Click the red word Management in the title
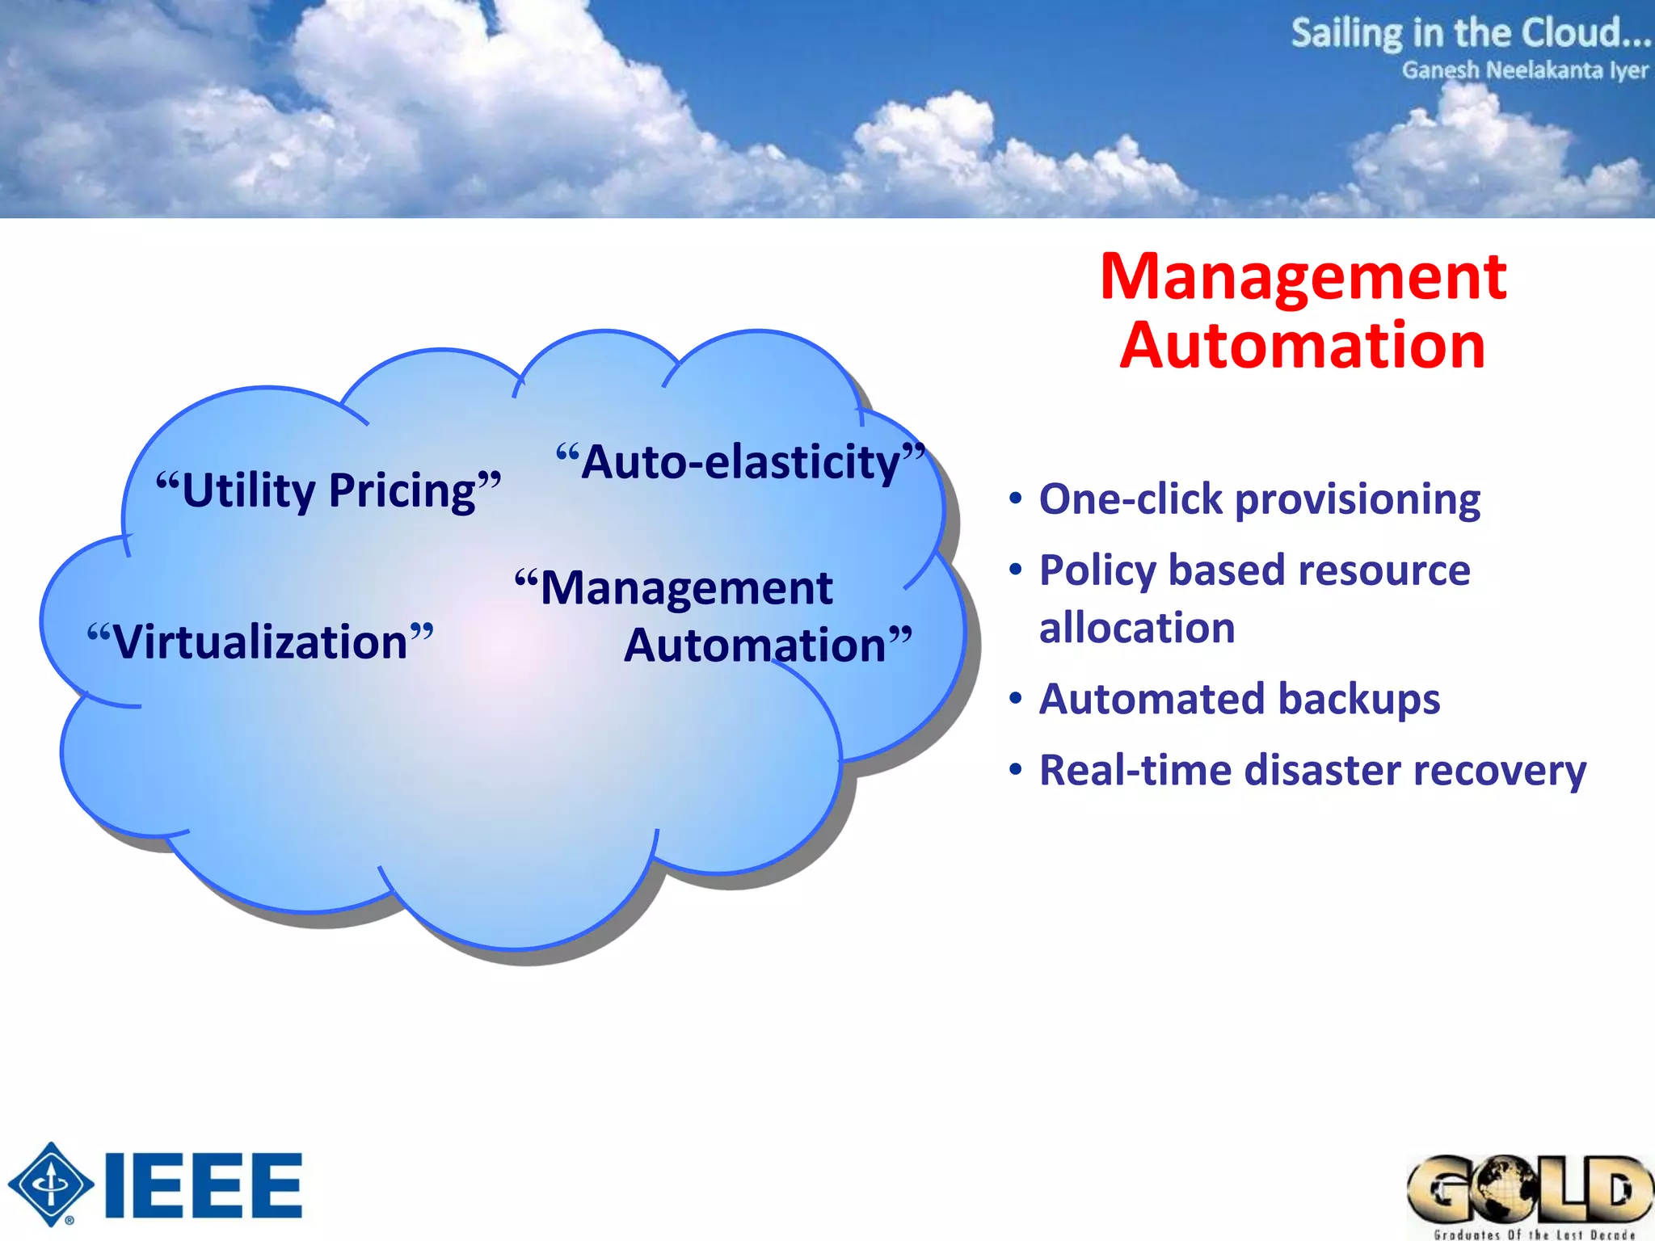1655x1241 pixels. point(1303,276)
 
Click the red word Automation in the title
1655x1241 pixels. point(1303,345)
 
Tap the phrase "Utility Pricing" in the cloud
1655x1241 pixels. point(328,490)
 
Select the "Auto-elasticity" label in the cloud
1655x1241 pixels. point(740,462)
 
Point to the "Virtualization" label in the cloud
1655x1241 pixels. point(260,642)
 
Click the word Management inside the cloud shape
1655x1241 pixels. point(685,587)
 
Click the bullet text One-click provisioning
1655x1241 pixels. point(1259,499)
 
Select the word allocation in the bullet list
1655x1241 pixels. point(1137,628)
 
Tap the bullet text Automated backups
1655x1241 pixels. point(1239,699)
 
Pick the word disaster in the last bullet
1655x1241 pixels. point(1323,770)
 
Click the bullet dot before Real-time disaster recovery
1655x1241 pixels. point(1016,770)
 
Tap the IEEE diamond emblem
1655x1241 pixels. point(51,1184)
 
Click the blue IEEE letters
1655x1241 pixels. point(204,1186)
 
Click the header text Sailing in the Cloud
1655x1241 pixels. point(1469,34)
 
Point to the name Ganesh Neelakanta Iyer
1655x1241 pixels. point(1524,70)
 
